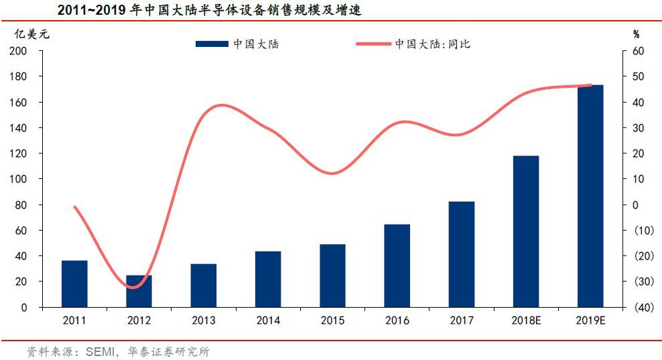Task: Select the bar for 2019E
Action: pyautogui.click(x=590, y=196)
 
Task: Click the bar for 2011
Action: pyautogui.click(x=74, y=284)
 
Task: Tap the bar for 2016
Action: pyautogui.click(x=397, y=265)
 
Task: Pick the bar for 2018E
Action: pyautogui.click(x=526, y=231)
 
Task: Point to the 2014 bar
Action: pyautogui.click(x=268, y=280)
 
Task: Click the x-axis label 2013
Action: pyautogui.click(x=204, y=320)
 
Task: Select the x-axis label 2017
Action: pyautogui.click(x=462, y=320)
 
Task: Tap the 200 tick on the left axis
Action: pyautogui.click(x=18, y=51)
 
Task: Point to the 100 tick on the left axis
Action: pyautogui.click(x=18, y=179)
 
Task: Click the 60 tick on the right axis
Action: pyautogui.click(x=639, y=51)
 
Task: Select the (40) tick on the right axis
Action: pyautogui.click(x=644, y=308)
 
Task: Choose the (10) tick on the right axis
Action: pyautogui.click(x=644, y=231)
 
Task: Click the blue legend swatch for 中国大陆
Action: pyautogui.click(x=212, y=44)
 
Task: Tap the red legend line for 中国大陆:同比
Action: pyautogui.click(x=374, y=44)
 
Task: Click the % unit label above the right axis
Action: pyautogui.click(x=637, y=35)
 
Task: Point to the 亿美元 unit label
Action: pyautogui.click(x=32, y=34)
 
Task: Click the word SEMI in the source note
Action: pyautogui.click(x=100, y=351)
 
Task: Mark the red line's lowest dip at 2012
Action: pyautogui.click(x=133, y=288)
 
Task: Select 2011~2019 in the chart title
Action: pyautogui.click(x=91, y=9)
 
